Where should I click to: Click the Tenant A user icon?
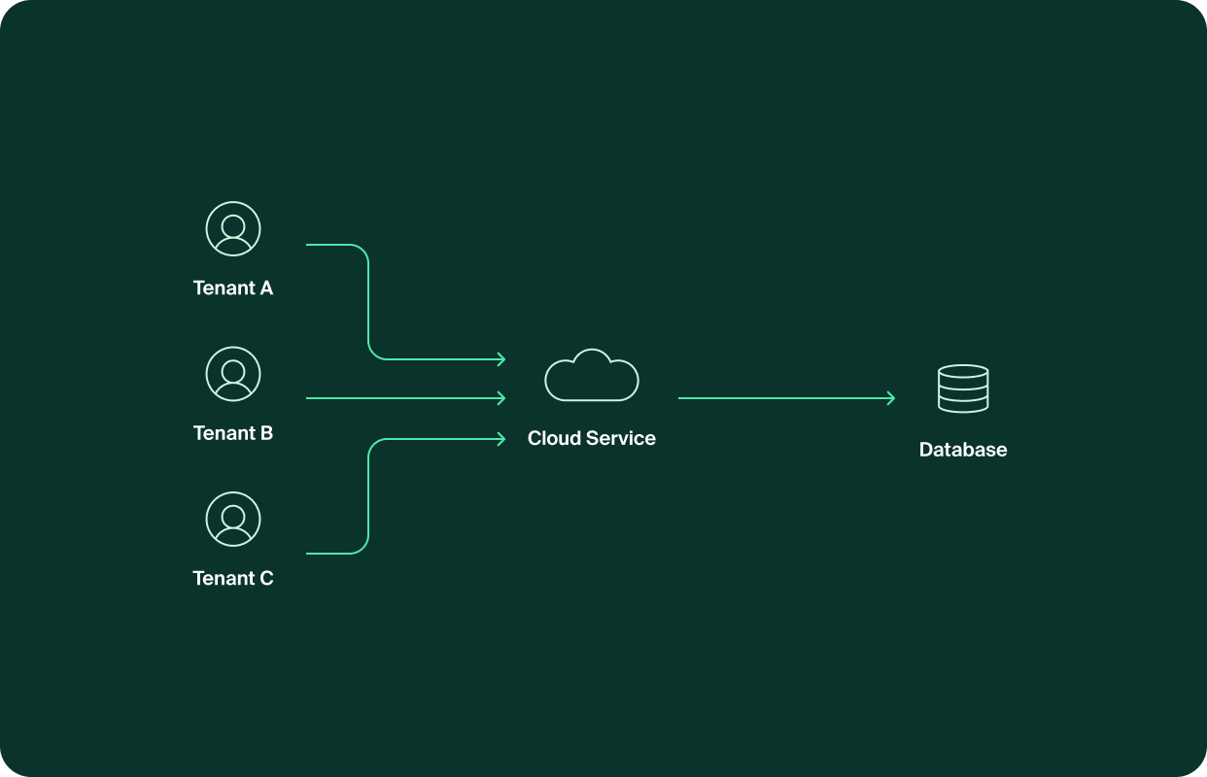(x=233, y=229)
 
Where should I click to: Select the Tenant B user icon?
(x=233, y=374)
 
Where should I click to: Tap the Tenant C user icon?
(x=233, y=519)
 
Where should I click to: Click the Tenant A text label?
(x=233, y=288)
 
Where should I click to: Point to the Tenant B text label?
(x=233, y=433)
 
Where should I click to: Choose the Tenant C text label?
(x=233, y=578)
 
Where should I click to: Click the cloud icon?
(x=592, y=375)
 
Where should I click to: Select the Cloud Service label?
(x=592, y=438)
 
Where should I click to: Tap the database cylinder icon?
(x=963, y=388)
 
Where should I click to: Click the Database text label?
(x=963, y=450)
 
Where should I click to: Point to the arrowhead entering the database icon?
(x=891, y=398)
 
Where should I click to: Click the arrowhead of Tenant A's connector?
(x=501, y=359)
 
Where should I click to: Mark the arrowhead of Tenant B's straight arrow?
(x=501, y=398)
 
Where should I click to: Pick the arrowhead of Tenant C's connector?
(x=501, y=439)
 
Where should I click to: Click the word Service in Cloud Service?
(x=619, y=438)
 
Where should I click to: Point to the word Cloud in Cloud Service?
(x=552, y=438)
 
